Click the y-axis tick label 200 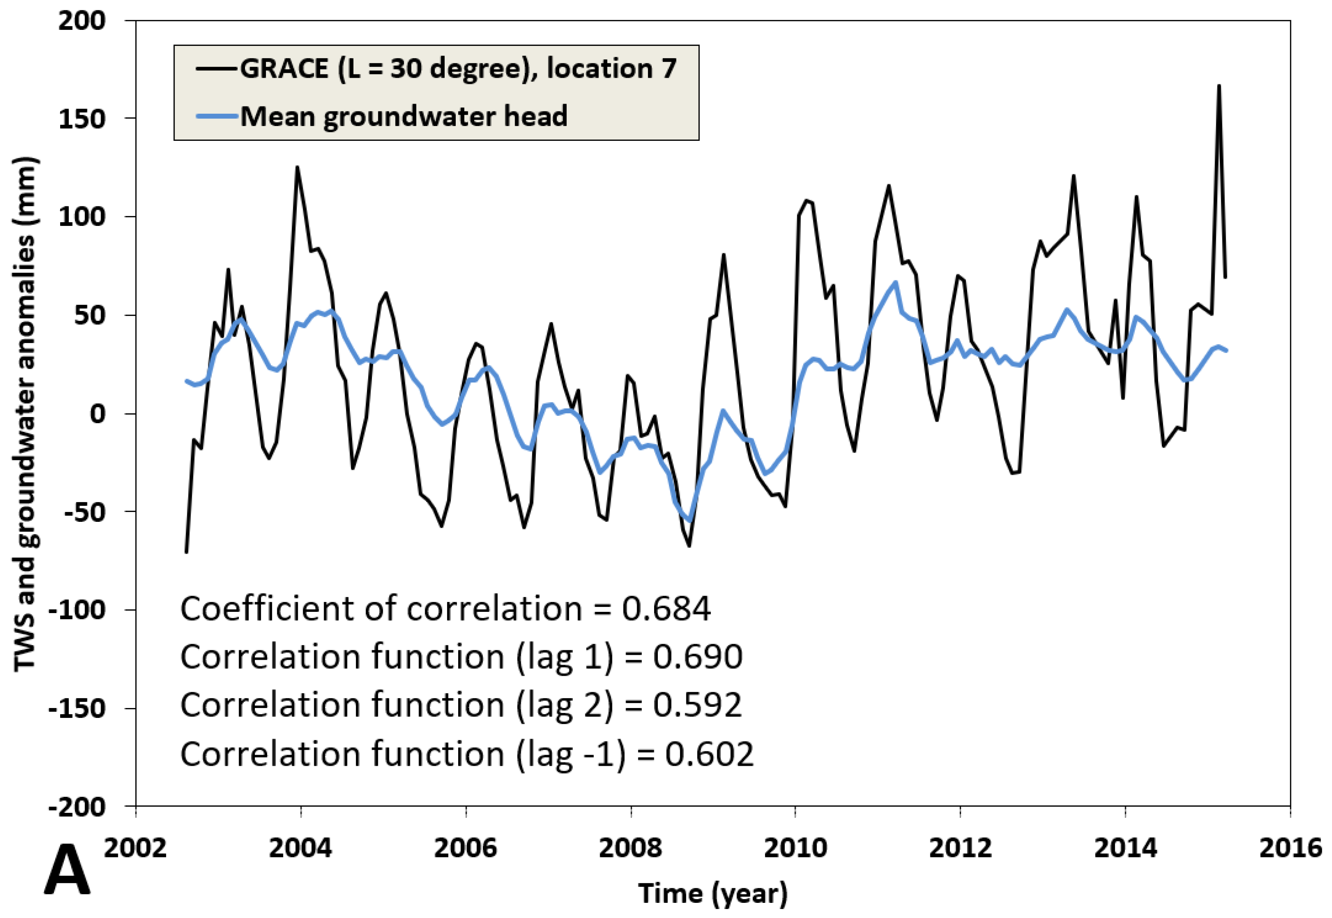82,21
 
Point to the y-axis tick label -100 78,610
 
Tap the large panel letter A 67,870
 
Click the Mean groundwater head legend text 403,116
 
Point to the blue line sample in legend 217,116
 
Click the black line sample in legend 217,68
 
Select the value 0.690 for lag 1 697,656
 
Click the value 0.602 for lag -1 709,753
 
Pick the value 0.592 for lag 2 697,705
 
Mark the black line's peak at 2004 297,167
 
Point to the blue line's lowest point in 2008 689,521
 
